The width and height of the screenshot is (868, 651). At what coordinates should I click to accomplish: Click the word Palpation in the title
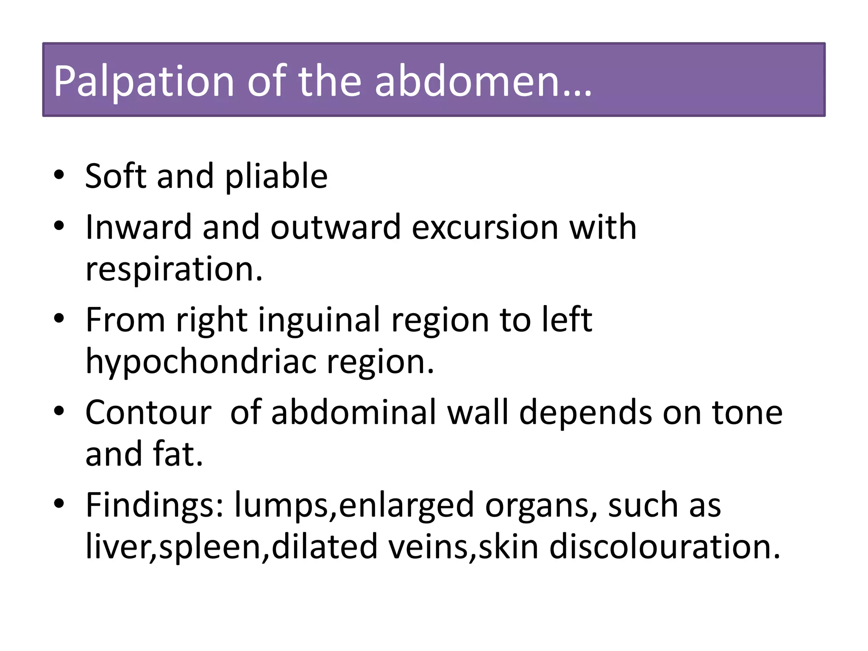click(143, 81)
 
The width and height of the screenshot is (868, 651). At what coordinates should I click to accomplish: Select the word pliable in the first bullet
click(276, 177)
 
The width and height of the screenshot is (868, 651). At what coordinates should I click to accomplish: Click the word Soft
click(115, 176)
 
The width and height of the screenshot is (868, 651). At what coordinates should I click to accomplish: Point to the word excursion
click(485, 228)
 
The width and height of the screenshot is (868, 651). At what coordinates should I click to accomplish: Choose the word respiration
click(174, 270)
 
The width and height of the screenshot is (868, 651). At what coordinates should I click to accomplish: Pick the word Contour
click(148, 412)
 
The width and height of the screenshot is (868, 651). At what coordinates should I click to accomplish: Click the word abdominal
click(354, 412)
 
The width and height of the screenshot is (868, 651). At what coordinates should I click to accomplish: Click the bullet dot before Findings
click(59, 503)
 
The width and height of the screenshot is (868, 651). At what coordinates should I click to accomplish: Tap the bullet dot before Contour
click(59, 411)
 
